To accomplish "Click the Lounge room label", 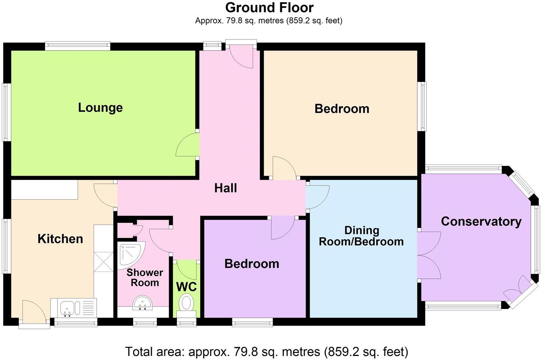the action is [x=100, y=108].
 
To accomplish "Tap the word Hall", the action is [x=225, y=188].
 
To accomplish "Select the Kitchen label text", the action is [x=60, y=239].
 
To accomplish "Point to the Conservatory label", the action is [x=481, y=222].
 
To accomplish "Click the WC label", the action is [x=186, y=287].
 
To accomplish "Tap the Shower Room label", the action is [x=145, y=278].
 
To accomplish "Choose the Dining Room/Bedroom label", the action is [x=362, y=236].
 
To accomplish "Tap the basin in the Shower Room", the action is [x=142, y=303].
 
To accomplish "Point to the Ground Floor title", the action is [x=269, y=7].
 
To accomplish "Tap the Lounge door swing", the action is [x=187, y=145].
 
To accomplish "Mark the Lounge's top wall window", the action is [x=78, y=46].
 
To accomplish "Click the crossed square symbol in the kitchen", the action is [x=104, y=262].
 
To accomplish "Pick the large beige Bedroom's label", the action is [x=342, y=109].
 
